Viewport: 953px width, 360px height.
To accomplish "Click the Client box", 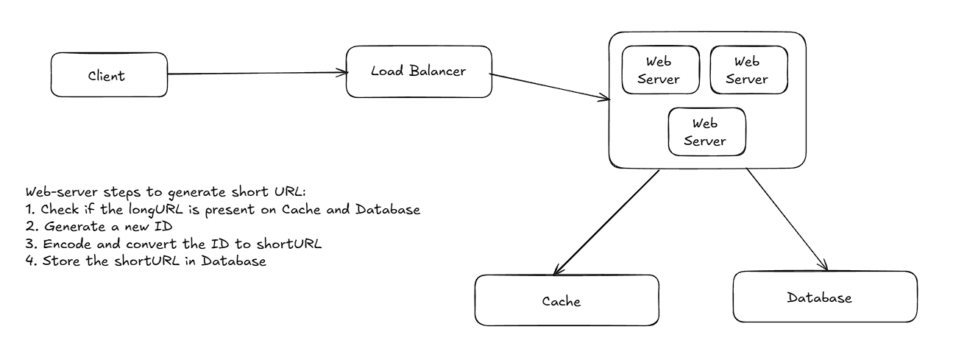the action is [x=109, y=75].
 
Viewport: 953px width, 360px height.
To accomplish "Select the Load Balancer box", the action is [x=419, y=72].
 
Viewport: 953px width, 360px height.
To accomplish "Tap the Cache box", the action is [x=567, y=300].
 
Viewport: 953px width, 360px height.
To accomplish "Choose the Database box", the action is [x=825, y=297].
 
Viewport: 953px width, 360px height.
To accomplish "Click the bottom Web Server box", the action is [x=706, y=132].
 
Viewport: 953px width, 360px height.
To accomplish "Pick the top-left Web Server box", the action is [x=660, y=70].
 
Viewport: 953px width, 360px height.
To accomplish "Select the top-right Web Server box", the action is [x=749, y=70].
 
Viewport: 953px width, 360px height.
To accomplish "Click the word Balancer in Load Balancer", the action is [x=437, y=71].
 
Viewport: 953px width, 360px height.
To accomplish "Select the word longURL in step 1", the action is [x=156, y=210].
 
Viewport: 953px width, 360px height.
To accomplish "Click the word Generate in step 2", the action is [x=75, y=227].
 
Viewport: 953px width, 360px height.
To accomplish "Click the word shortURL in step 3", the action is [x=289, y=244].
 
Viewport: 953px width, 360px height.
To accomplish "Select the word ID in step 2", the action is [x=163, y=227].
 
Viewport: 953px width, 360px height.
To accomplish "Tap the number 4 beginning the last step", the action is [x=29, y=261].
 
